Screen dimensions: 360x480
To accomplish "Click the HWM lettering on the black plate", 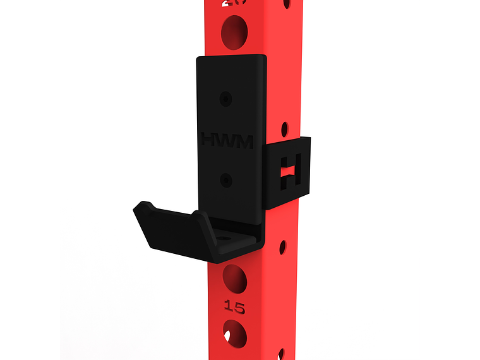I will [x=226, y=140].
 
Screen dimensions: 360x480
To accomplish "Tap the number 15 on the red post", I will [x=234, y=308].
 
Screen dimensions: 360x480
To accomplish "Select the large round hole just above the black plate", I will [x=234, y=31].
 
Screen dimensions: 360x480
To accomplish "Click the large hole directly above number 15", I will [x=234, y=279].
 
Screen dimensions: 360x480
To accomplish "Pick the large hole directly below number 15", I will [x=234, y=333].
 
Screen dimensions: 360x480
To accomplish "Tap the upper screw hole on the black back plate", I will [x=226, y=99].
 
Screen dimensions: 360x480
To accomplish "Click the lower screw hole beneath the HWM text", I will [x=226, y=181].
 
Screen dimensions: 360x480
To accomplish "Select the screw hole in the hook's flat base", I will [x=225, y=238].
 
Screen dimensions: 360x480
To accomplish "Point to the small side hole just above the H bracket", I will [x=284, y=129].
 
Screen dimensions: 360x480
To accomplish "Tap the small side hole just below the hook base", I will [x=282, y=247].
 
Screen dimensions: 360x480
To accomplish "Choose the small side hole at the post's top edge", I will [x=286, y=3].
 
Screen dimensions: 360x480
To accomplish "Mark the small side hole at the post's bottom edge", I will [x=281, y=354].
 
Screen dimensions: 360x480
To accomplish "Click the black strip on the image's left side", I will [x=30, y=180].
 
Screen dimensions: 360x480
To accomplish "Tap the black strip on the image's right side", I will [x=450, y=180].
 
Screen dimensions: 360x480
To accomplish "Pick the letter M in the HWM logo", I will [x=243, y=140].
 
